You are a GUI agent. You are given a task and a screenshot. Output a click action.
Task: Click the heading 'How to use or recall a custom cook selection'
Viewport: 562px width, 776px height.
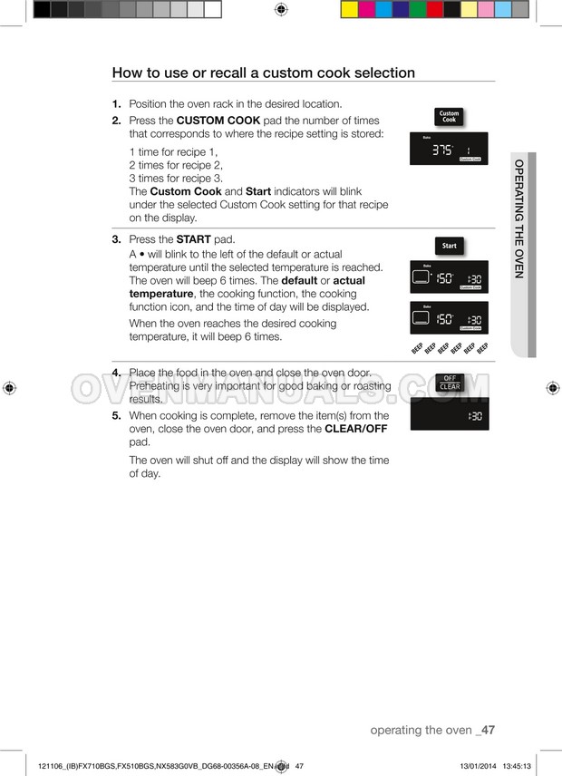[x=263, y=73]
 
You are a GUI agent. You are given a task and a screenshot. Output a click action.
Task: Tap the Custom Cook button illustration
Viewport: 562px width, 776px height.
[x=449, y=117]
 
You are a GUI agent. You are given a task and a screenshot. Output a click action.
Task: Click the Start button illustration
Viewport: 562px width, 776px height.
[x=449, y=246]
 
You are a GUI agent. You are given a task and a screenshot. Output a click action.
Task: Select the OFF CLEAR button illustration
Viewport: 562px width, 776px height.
[x=450, y=383]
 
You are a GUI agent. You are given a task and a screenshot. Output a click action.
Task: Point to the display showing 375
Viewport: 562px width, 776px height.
[x=450, y=149]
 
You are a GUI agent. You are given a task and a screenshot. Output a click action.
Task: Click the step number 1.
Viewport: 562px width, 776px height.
[x=117, y=104]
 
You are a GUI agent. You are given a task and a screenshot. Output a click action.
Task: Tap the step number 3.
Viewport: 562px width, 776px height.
[x=117, y=239]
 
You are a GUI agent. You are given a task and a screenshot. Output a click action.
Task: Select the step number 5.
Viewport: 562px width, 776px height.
[x=117, y=415]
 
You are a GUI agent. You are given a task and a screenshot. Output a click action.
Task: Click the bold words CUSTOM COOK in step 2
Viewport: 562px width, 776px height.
[x=218, y=121]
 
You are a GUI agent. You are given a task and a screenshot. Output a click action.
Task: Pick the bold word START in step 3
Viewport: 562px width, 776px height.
[x=193, y=239]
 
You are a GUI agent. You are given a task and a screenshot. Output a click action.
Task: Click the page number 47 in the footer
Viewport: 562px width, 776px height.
[x=487, y=730]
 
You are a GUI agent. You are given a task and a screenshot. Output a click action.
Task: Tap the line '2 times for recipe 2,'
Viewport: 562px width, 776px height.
[x=176, y=165]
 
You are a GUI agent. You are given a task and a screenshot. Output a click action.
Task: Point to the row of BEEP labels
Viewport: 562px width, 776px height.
[x=450, y=349]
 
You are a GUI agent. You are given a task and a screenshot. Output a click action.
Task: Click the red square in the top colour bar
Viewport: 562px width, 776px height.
[x=435, y=10]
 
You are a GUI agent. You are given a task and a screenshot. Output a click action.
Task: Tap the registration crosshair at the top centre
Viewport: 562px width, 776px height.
[x=280, y=10]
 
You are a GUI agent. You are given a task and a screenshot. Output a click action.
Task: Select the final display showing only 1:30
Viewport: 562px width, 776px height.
[x=450, y=414]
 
